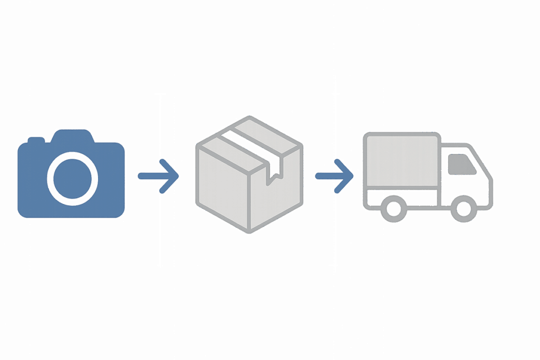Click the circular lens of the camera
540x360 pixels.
73,178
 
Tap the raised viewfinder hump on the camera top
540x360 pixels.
73,135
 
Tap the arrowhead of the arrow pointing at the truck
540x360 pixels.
345,175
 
